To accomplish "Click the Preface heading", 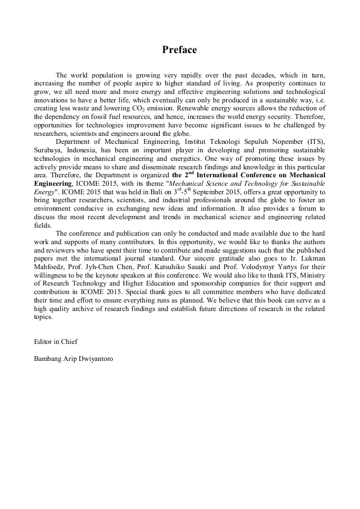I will click(x=179, y=50).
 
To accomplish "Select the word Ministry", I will click(x=313, y=275).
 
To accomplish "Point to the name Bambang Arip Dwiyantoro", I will click(x=73, y=358).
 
